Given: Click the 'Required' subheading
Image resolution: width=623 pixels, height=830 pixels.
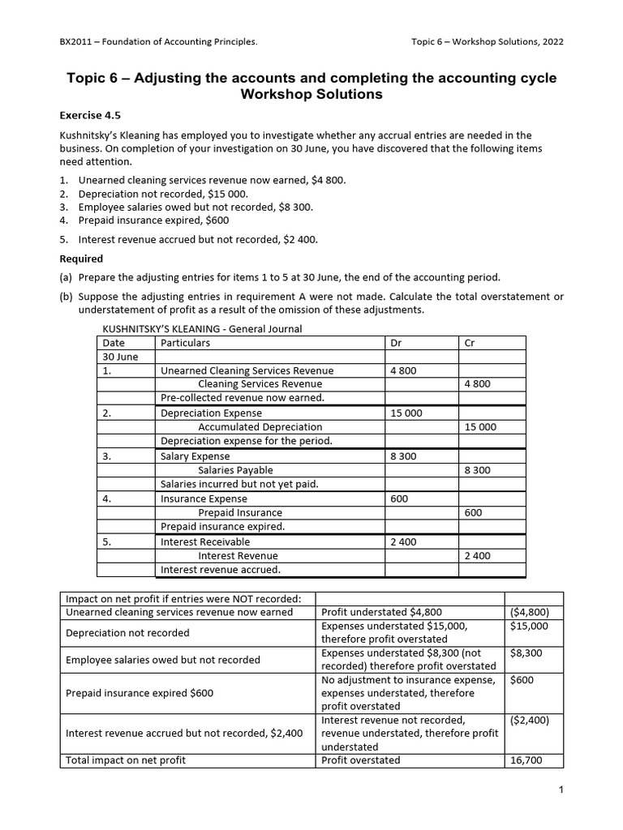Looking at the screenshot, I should tap(82, 259).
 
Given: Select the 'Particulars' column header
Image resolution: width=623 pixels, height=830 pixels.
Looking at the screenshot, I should tap(186, 343).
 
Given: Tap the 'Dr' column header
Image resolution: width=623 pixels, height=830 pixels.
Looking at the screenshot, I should tap(396, 343).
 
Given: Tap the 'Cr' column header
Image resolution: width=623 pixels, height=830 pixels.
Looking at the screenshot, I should tap(469, 343).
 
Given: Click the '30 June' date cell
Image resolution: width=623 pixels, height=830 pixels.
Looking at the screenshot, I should tap(120, 357).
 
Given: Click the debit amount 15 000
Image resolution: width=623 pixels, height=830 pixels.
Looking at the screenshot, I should tap(406, 413).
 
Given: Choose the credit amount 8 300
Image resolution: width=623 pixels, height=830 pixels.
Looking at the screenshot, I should tap(478, 470).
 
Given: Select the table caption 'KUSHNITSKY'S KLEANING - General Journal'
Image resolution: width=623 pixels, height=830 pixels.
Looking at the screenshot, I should tap(201, 328).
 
